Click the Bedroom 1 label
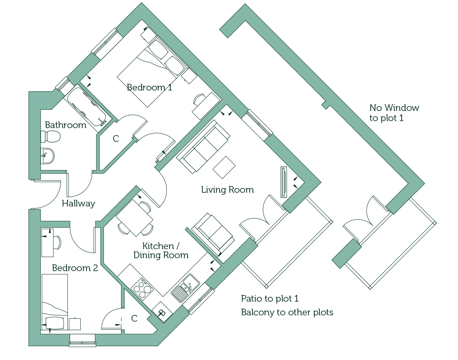pyautogui.click(x=149, y=87)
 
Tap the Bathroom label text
pyautogui.click(x=66, y=125)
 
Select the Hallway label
pyautogui.click(x=79, y=203)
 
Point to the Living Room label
pyautogui.click(x=227, y=190)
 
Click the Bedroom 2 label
pyautogui.click(x=75, y=268)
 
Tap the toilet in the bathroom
pyautogui.click(x=50, y=136)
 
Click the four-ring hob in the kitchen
pyautogui.click(x=142, y=289)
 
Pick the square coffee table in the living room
pyautogui.click(x=224, y=167)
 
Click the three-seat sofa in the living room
pyautogui.click(x=203, y=147)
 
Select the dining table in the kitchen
pyautogui.click(x=134, y=217)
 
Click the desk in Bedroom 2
pyautogui.click(x=47, y=242)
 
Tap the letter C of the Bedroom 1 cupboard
pyautogui.click(x=116, y=139)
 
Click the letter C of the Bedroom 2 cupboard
pyautogui.click(x=134, y=318)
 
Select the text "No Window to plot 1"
pyautogui.click(x=394, y=113)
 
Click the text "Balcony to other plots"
pyautogui.click(x=287, y=312)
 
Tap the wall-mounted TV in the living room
pyautogui.click(x=284, y=182)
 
